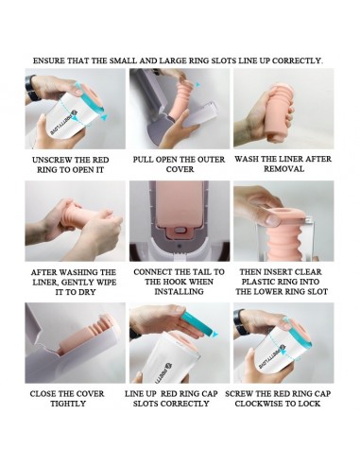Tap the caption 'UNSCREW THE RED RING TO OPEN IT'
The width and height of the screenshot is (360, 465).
(70, 164)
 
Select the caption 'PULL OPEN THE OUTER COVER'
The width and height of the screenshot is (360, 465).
(179, 164)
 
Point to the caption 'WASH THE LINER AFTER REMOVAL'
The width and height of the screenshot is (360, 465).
(283, 164)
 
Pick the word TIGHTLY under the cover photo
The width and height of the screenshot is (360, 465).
(68, 404)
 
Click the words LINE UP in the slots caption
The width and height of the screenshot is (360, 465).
(139, 394)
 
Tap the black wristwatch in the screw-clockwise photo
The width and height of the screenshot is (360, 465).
(241, 322)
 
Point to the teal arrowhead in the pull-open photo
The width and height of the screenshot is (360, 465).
(197, 84)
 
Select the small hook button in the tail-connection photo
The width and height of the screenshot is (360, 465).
(180, 231)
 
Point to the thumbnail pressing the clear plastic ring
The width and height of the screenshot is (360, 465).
(273, 219)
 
